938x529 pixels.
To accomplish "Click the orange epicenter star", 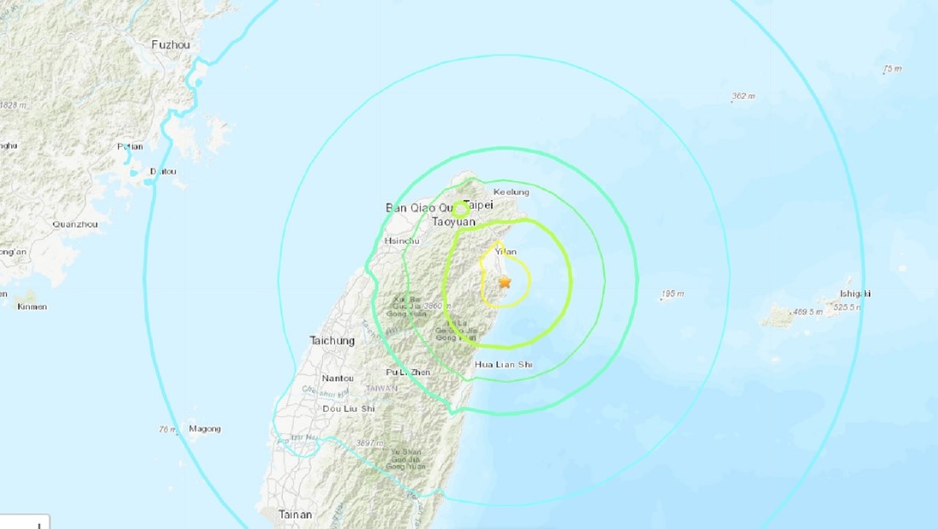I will point(505,282).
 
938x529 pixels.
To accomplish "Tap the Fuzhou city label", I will point(170,44).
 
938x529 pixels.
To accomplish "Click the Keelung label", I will point(511,192).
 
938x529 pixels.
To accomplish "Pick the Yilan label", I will point(506,252).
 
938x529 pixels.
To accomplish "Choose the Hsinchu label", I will point(403,241).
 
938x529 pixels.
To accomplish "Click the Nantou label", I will point(337,378).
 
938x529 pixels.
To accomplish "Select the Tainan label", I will point(295,515).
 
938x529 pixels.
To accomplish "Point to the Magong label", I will point(205,429).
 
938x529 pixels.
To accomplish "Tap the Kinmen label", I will point(31,306).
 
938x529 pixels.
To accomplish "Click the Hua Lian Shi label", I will point(503,364).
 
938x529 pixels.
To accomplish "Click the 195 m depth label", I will point(672,294).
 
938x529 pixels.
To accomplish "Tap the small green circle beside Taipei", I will point(460,208).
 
